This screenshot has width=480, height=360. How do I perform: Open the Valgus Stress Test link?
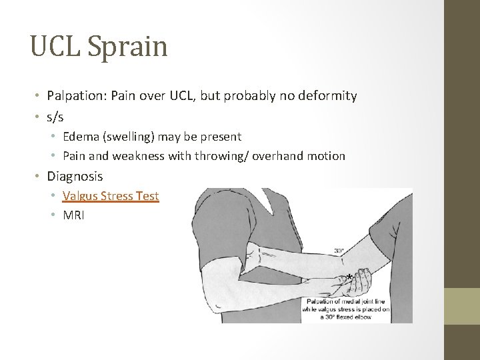pos(111,196)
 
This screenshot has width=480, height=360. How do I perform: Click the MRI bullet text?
pos(73,215)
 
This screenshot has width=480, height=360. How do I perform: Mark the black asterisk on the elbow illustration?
pos(349,277)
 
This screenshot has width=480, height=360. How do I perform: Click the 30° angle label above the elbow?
pos(339,251)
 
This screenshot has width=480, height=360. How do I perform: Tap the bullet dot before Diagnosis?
pos(39,177)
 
